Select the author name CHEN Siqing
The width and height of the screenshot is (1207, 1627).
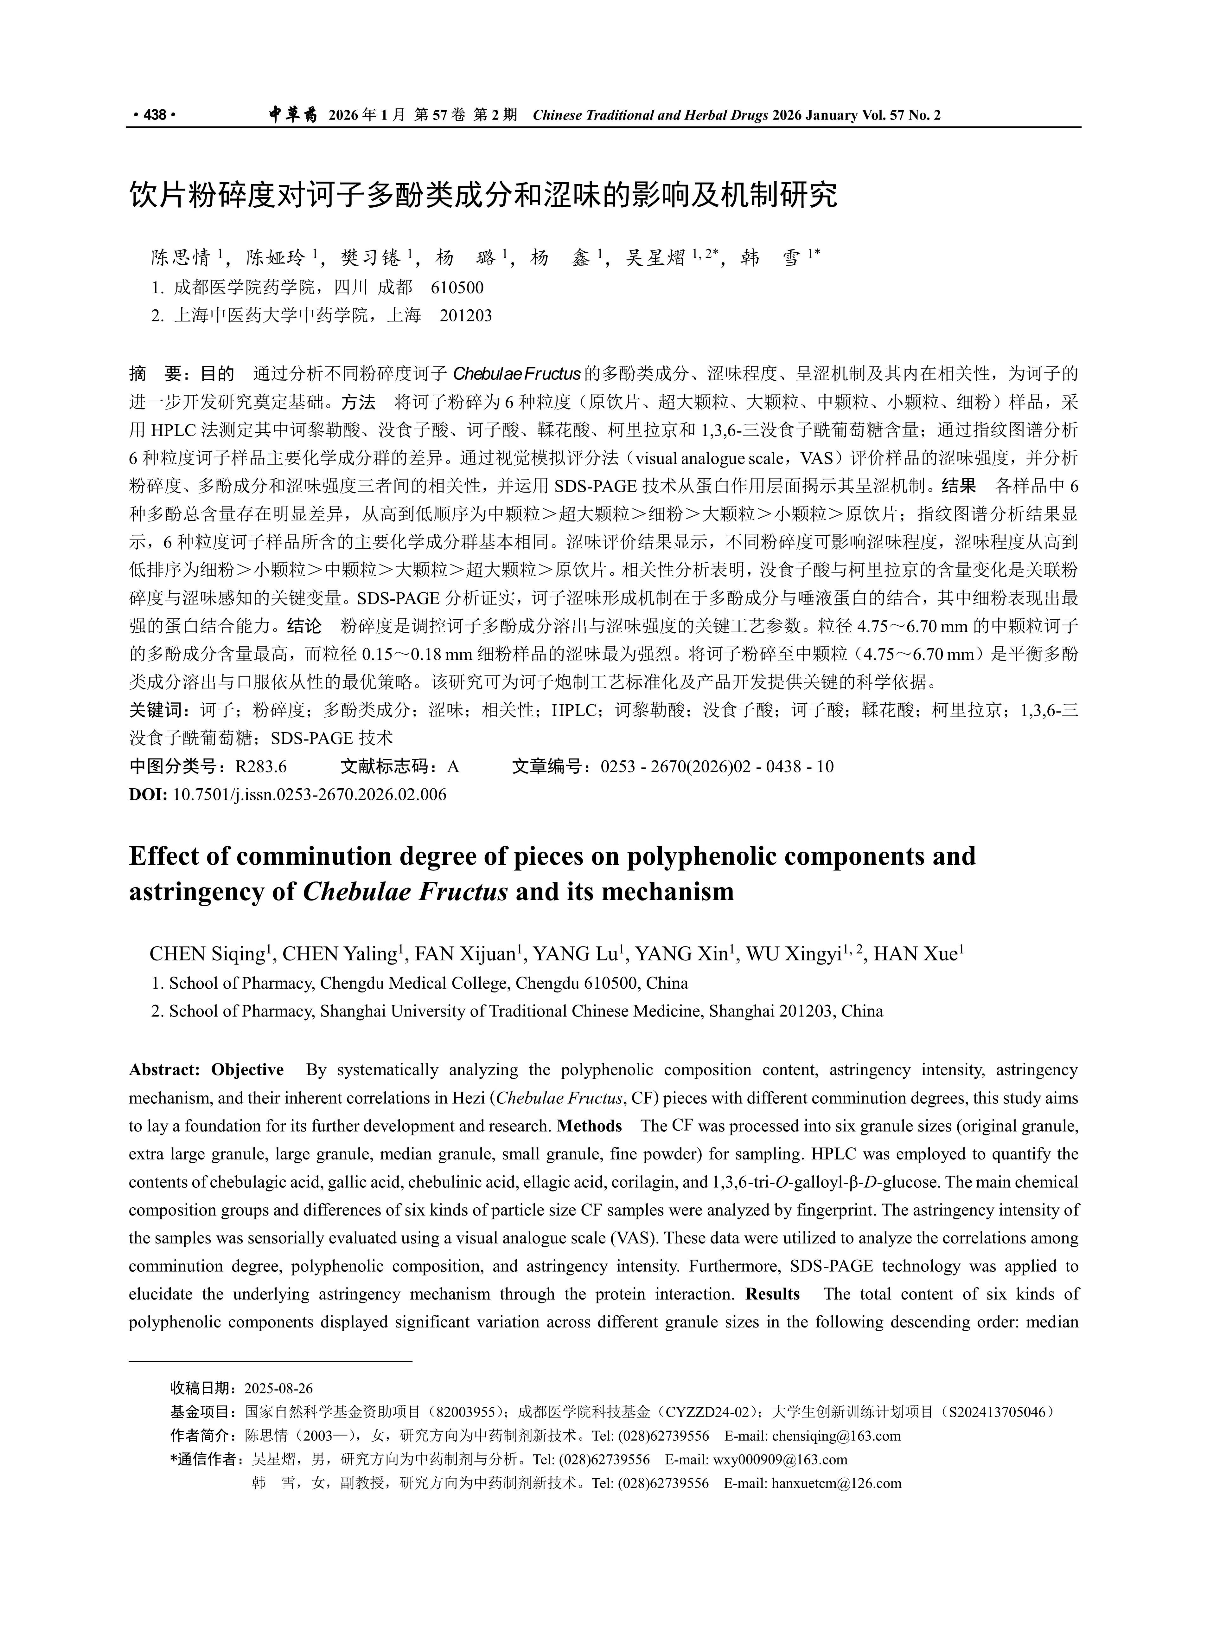coord(207,954)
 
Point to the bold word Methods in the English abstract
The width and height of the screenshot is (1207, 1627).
coord(589,1126)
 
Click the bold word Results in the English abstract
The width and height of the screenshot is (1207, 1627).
coord(772,1294)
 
